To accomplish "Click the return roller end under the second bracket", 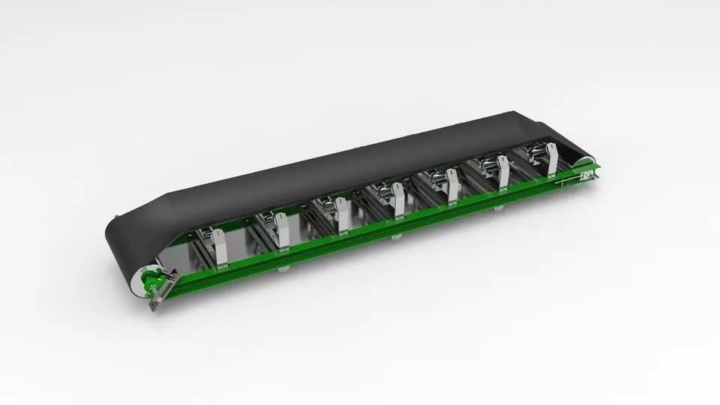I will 284,268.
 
